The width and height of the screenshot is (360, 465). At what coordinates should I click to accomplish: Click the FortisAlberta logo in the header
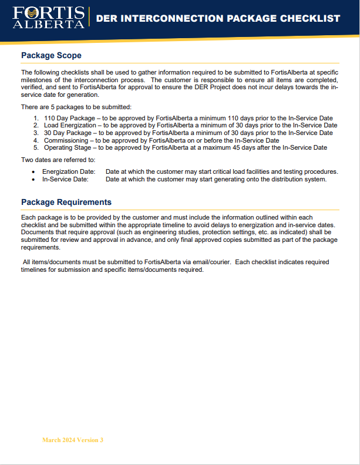point(48,18)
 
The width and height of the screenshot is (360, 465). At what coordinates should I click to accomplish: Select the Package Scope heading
point(51,56)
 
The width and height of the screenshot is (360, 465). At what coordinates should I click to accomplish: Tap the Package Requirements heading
point(66,202)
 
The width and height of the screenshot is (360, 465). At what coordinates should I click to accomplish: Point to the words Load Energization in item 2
point(66,126)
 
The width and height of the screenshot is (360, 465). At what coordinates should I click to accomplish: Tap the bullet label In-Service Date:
point(65,179)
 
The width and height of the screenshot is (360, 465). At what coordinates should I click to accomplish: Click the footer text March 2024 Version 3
point(72,440)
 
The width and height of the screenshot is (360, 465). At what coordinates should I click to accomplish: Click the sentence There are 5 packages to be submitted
point(76,107)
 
